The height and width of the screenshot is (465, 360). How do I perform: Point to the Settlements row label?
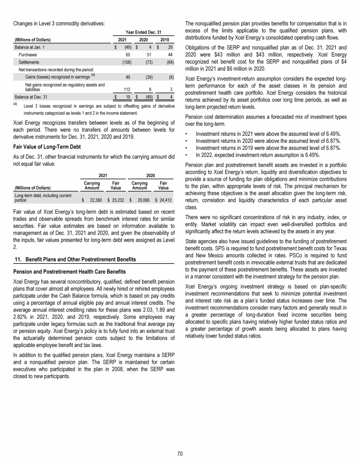click(30, 62)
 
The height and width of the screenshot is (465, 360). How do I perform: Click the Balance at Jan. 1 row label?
click(31, 47)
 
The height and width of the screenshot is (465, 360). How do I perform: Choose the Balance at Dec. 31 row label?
click(31, 96)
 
